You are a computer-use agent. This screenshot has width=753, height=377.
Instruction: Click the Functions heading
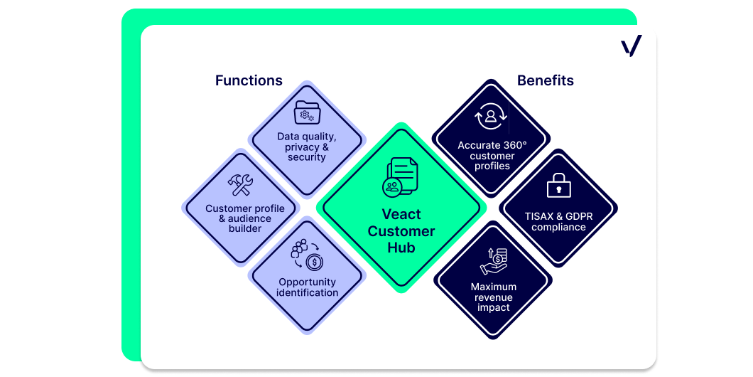249,80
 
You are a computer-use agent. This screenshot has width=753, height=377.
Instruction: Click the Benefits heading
546,80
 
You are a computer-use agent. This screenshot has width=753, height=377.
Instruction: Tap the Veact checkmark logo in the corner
631,46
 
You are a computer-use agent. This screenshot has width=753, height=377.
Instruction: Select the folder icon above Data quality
306,112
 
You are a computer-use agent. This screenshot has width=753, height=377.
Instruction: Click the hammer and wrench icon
241,185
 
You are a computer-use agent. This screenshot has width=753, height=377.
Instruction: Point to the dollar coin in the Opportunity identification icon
315,262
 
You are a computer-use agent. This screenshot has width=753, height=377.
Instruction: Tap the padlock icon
558,185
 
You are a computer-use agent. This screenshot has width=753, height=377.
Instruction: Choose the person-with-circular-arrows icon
490,117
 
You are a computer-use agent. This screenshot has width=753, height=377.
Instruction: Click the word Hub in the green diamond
402,248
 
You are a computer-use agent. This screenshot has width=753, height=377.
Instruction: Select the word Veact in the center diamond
401,214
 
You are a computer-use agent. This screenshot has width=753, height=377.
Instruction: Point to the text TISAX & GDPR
558,216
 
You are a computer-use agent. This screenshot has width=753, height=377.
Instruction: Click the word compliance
558,227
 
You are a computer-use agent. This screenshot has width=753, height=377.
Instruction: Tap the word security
306,157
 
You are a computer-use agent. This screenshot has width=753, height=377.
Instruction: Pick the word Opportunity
308,282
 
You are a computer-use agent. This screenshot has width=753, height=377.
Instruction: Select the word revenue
493,297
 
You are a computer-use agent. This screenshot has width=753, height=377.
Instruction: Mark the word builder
245,228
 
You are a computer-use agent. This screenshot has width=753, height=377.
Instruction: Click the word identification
307,293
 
